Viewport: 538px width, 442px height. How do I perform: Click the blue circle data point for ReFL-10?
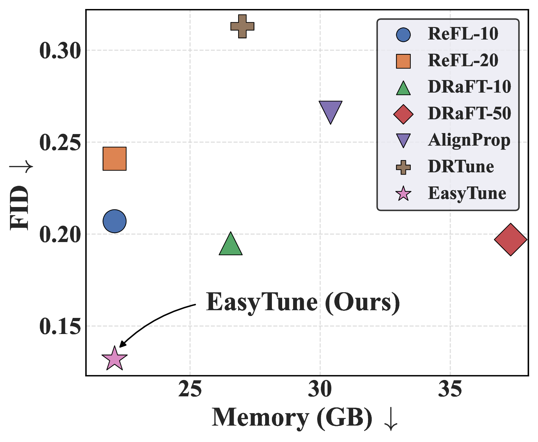[x=114, y=221]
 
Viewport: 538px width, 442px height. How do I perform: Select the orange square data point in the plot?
[x=114, y=158]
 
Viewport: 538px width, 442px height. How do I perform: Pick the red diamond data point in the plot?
[x=511, y=239]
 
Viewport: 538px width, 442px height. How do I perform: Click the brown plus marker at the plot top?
[x=242, y=26]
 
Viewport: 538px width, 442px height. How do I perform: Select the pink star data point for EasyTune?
[x=114, y=358]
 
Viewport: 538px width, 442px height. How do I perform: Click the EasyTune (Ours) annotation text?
[x=303, y=302]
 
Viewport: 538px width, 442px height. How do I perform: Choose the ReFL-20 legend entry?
[x=463, y=60]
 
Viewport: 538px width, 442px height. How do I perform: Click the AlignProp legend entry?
[x=469, y=140]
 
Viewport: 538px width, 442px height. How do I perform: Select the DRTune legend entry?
[x=461, y=167]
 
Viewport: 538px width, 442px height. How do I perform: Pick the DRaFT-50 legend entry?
[x=469, y=113]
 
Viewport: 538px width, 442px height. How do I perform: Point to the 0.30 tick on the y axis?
[x=60, y=51]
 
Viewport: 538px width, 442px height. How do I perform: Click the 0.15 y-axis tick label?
[x=60, y=327]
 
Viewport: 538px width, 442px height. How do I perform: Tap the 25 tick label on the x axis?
[x=190, y=390]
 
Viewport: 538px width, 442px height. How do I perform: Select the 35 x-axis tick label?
[x=450, y=390]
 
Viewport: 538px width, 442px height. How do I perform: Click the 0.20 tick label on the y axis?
[x=60, y=235]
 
